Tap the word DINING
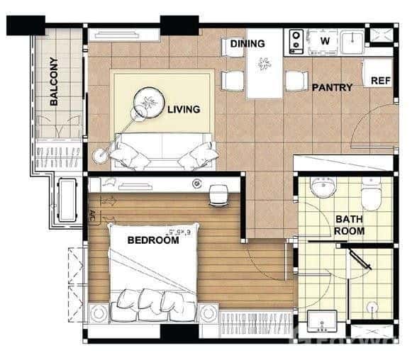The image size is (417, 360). point(248,44)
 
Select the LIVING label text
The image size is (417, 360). point(184,110)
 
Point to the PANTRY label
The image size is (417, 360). point(332,88)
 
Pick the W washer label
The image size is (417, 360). point(325,40)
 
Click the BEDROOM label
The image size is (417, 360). point(153,240)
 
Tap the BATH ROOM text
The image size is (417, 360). point(350,225)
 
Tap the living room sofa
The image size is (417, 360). point(165,150)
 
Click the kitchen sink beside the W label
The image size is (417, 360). point(352,41)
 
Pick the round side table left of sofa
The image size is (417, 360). point(100,154)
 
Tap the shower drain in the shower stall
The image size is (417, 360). point(372,307)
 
